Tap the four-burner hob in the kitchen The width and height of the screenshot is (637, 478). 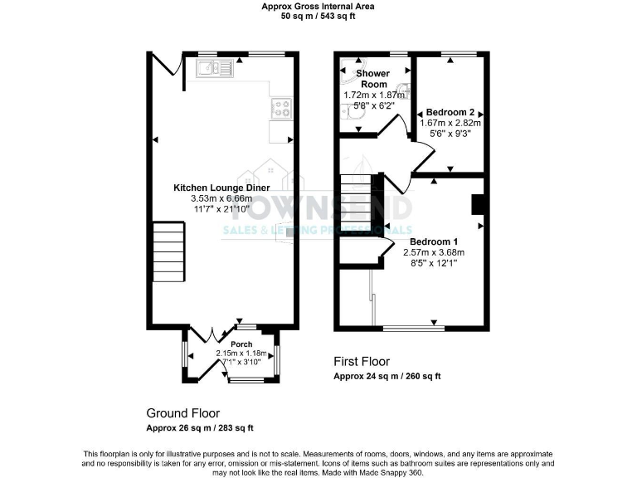coord(281,108)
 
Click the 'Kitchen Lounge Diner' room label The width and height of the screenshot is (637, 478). coord(221,188)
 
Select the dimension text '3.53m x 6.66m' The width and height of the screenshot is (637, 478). coord(221,199)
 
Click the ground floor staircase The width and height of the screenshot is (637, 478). coord(168,252)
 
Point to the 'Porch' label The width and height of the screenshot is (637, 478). coord(241,344)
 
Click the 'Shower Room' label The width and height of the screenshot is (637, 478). coord(372,79)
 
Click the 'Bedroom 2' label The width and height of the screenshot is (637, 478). coord(450,112)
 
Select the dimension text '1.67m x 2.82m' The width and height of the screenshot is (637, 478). coord(450,123)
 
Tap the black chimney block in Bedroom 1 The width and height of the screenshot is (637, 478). coord(476,204)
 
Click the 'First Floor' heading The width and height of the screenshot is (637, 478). coord(361,362)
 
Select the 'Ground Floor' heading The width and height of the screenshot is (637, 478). coord(182,412)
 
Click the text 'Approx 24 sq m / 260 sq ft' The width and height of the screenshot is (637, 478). coord(387,376)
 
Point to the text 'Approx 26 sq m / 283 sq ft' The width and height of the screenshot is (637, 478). coord(200,427)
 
